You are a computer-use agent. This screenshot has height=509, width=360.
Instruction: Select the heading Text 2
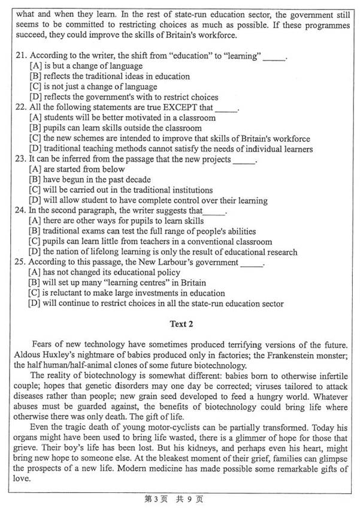point(180,324)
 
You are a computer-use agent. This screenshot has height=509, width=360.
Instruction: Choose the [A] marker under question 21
point(35,66)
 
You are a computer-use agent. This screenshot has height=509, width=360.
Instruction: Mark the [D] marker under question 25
point(35,304)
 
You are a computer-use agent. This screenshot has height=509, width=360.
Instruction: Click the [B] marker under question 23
point(35,180)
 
